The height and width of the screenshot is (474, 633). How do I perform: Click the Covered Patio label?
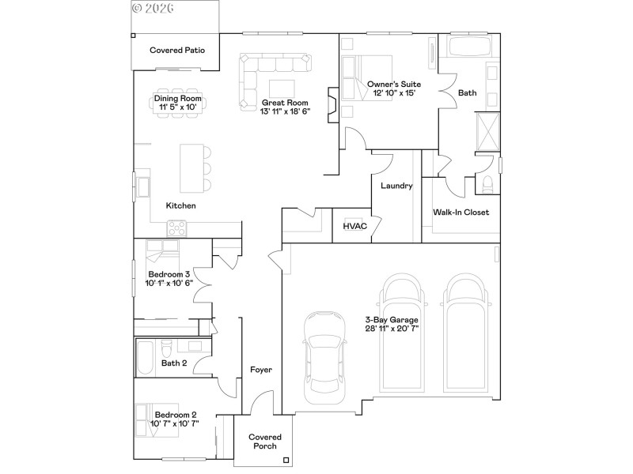pos(177,51)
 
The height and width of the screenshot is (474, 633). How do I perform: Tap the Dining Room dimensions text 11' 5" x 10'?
pos(177,107)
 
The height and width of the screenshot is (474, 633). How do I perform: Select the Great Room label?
pos(285,103)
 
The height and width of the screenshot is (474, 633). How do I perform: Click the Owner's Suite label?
pos(393,84)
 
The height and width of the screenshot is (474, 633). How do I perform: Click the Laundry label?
pos(396,186)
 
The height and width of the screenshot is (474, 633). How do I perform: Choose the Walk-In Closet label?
pos(461,212)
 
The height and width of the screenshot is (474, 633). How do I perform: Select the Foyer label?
pos(261,369)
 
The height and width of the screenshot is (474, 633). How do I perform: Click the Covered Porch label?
pos(264,442)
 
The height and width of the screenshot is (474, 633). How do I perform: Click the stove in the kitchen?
pos(176,228)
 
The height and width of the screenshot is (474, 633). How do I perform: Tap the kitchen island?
pos(191,167)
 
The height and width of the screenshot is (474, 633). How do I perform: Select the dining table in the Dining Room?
pos(177,103)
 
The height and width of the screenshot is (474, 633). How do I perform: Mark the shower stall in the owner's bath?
pos(487,132)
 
